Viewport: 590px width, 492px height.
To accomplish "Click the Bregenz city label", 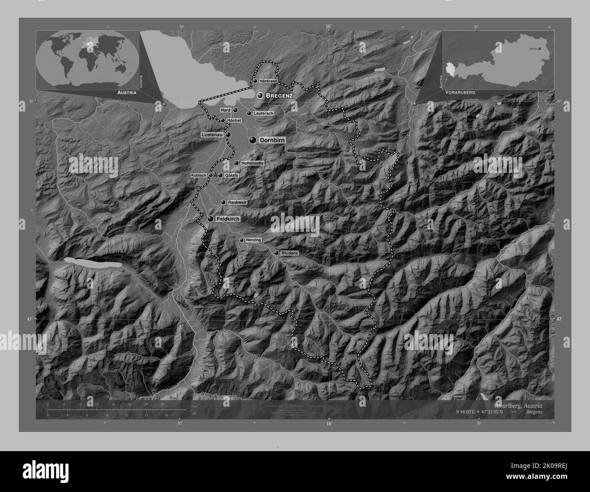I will click(279, 96).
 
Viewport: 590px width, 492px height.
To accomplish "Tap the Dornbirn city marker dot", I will click(253, 141).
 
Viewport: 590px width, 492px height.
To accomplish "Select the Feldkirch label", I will click(228, 219).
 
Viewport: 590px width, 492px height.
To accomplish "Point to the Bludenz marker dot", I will click(276, 253).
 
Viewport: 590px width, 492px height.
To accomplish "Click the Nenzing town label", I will click(254, 240).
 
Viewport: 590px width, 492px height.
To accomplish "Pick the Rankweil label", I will click(236, 202).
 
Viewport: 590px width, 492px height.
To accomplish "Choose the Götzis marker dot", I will click(221, 175).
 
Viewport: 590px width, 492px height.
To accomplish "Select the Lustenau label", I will click(212, 135).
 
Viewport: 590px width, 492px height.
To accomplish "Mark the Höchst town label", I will click(233, 120).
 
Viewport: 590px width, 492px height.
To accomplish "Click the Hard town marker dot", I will click(236, 110).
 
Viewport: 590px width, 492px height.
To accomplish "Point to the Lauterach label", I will click(263, 113).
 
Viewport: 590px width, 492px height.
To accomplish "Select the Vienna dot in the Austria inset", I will click(540, 48).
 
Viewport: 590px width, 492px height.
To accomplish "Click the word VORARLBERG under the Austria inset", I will click(460, 92).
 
